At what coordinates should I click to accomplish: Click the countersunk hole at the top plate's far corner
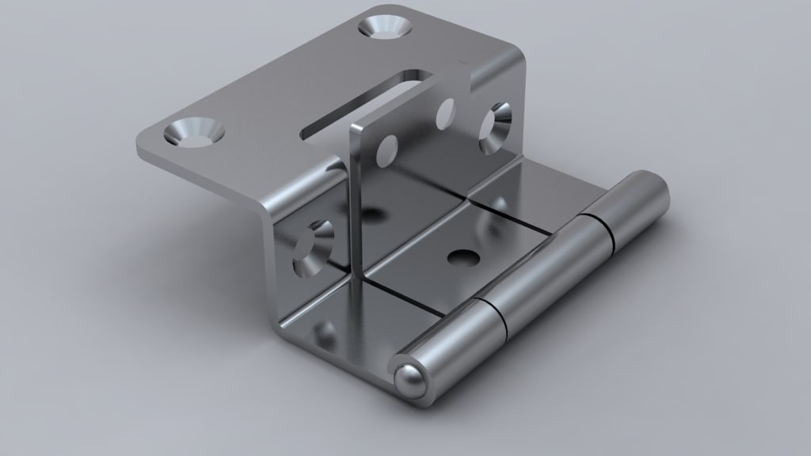click(x=386, y=25)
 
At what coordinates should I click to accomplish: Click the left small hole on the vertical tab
click(x=387, y=149)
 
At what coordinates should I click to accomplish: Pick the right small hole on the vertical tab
click(x=445, y=114)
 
